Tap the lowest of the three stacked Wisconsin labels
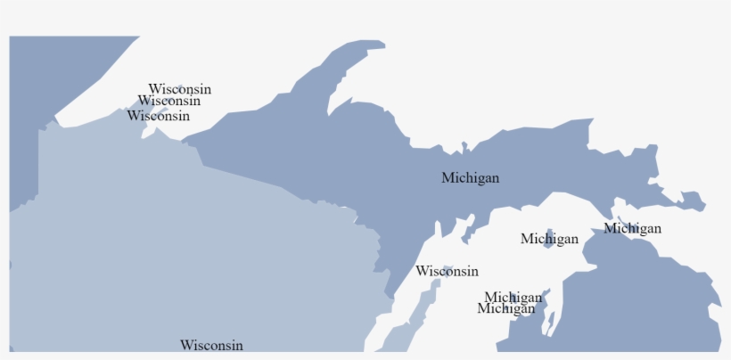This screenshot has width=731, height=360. point(158,116)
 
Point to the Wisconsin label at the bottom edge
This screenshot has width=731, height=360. point(211,345)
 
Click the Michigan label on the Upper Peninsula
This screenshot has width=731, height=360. point(470,178)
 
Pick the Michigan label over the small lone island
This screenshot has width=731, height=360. point(549,239)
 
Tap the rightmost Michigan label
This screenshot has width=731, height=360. point(632,229)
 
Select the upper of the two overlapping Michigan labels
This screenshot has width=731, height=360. point(513,297)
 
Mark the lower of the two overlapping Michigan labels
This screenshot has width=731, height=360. point(505,309)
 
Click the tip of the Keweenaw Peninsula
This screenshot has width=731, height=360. point(380,44)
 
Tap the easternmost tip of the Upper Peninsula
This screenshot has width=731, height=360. point(702,207)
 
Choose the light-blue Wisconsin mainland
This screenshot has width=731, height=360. point(178,250)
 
